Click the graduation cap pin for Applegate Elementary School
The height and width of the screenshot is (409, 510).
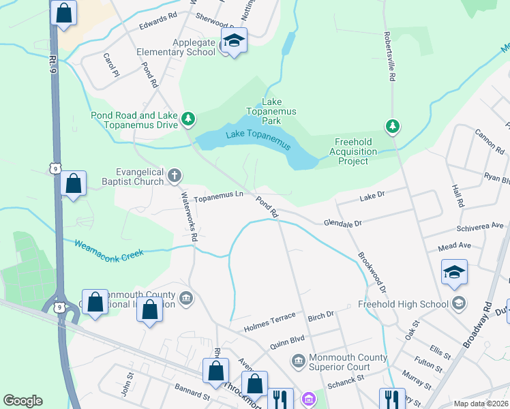(x=234, y=42)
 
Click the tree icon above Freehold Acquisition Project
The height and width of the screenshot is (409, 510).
(x=392, y=125)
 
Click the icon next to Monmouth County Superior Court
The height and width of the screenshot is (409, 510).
(x=297, y=359)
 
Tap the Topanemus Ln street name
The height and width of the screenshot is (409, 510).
(x=219, y=198)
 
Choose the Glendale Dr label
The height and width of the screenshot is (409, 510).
(x=342, y=223)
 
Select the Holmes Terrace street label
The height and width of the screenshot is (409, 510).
(x=271, y=317)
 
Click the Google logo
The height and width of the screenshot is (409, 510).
(x=22, y=401)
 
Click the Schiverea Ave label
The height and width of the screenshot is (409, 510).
(x=480, y=225)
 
